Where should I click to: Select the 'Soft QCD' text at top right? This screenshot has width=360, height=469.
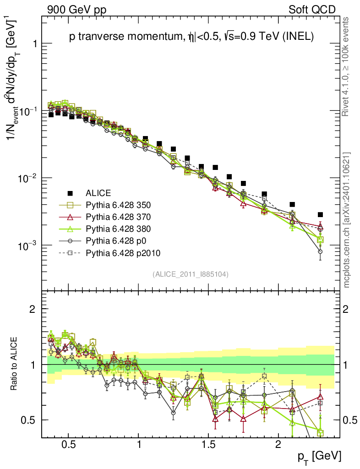[x=312, y=10]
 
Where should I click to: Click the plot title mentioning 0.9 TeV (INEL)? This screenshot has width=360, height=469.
[x=191, y=38]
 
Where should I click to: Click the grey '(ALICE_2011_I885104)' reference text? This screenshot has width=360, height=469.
[x=191, y=274]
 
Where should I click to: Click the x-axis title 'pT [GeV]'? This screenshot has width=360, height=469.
[x=319, y=456]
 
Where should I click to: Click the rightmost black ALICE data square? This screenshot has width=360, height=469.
[x=320, y=214]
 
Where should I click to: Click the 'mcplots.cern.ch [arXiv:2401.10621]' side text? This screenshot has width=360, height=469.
[x=347, y=219]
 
